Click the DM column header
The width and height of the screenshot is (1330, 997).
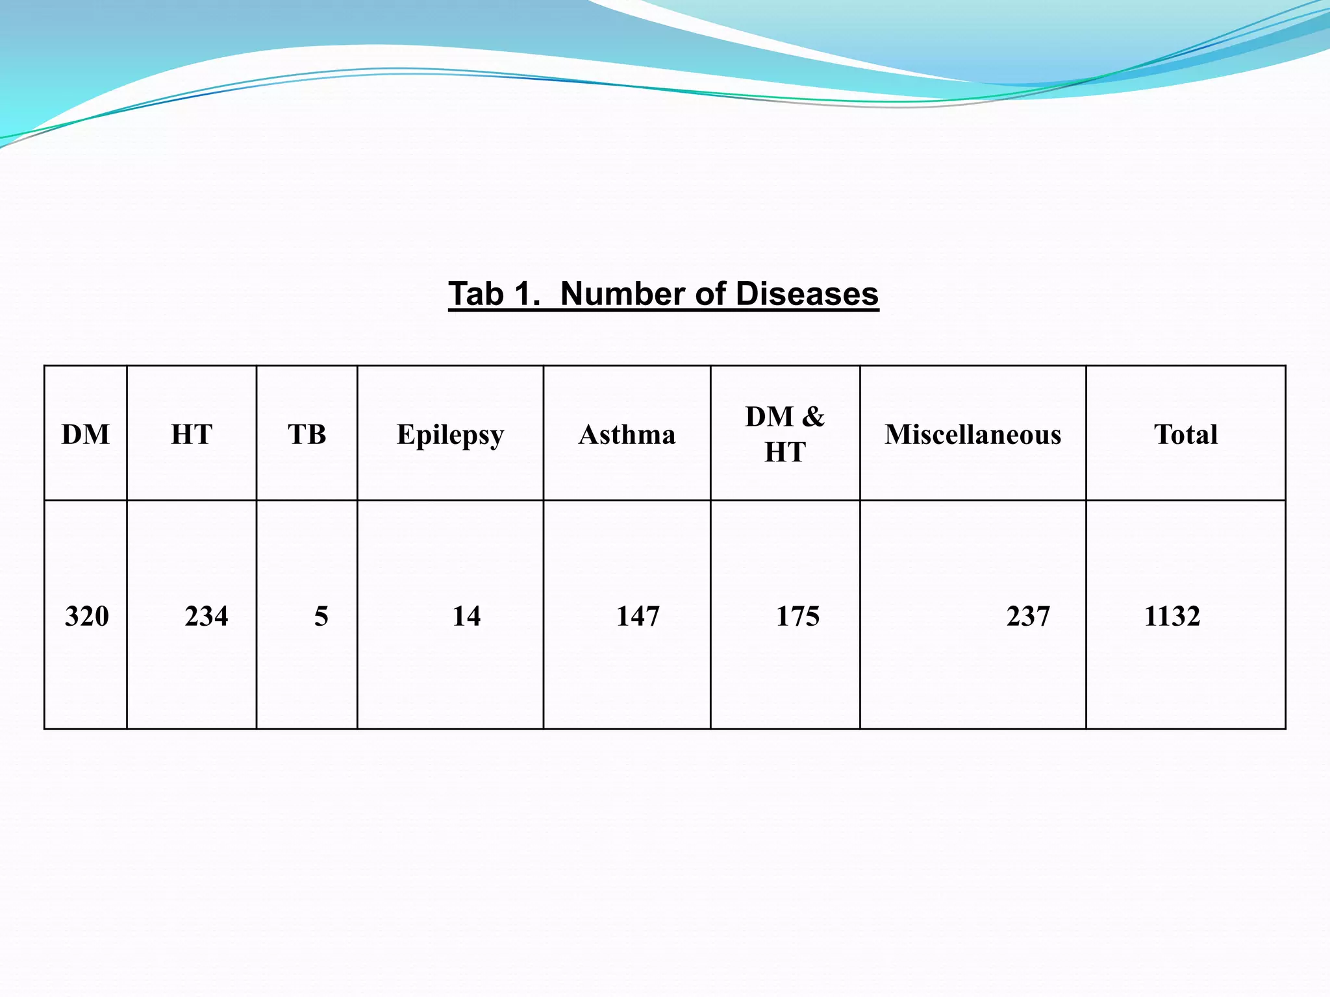tap(86, 434)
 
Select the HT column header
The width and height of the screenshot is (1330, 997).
tap(192, 434)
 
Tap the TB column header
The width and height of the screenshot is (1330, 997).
tap(307, 434)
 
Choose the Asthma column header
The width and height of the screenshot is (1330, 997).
tap(627, 434)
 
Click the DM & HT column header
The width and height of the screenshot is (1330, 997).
tap(784, 434)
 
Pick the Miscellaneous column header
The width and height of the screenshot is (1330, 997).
tap(973, 434)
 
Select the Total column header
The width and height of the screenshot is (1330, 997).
tap(1186, 434)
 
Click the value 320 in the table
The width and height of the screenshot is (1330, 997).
tap(87, 616)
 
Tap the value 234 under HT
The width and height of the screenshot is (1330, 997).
tap(207, 616)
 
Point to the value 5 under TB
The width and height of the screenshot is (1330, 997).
tap(321, 616)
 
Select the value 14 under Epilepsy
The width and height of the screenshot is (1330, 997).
tap(466, 616)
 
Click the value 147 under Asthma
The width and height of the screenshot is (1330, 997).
tap(638, 616)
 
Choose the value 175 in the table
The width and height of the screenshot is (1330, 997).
tap(798, 616)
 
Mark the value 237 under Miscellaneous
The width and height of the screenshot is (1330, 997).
tap(1028, 616)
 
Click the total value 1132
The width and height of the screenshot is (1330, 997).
tap(1172, 616)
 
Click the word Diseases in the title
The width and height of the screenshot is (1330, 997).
tap(807, 294)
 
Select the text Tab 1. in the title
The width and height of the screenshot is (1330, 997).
tap(494, 294)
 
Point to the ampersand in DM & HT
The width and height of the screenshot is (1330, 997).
tap(813, 416)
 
